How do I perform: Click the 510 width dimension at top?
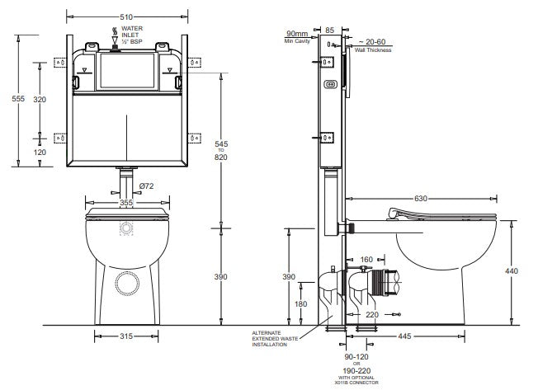126,17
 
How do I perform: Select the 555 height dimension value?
18,99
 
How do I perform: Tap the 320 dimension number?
40,100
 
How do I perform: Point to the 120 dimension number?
40,153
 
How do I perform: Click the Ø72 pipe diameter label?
146,186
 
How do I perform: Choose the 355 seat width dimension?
126,203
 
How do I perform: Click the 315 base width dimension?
126,336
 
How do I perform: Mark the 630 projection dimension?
421,199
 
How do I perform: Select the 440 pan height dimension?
512,271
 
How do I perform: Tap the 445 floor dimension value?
404,336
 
